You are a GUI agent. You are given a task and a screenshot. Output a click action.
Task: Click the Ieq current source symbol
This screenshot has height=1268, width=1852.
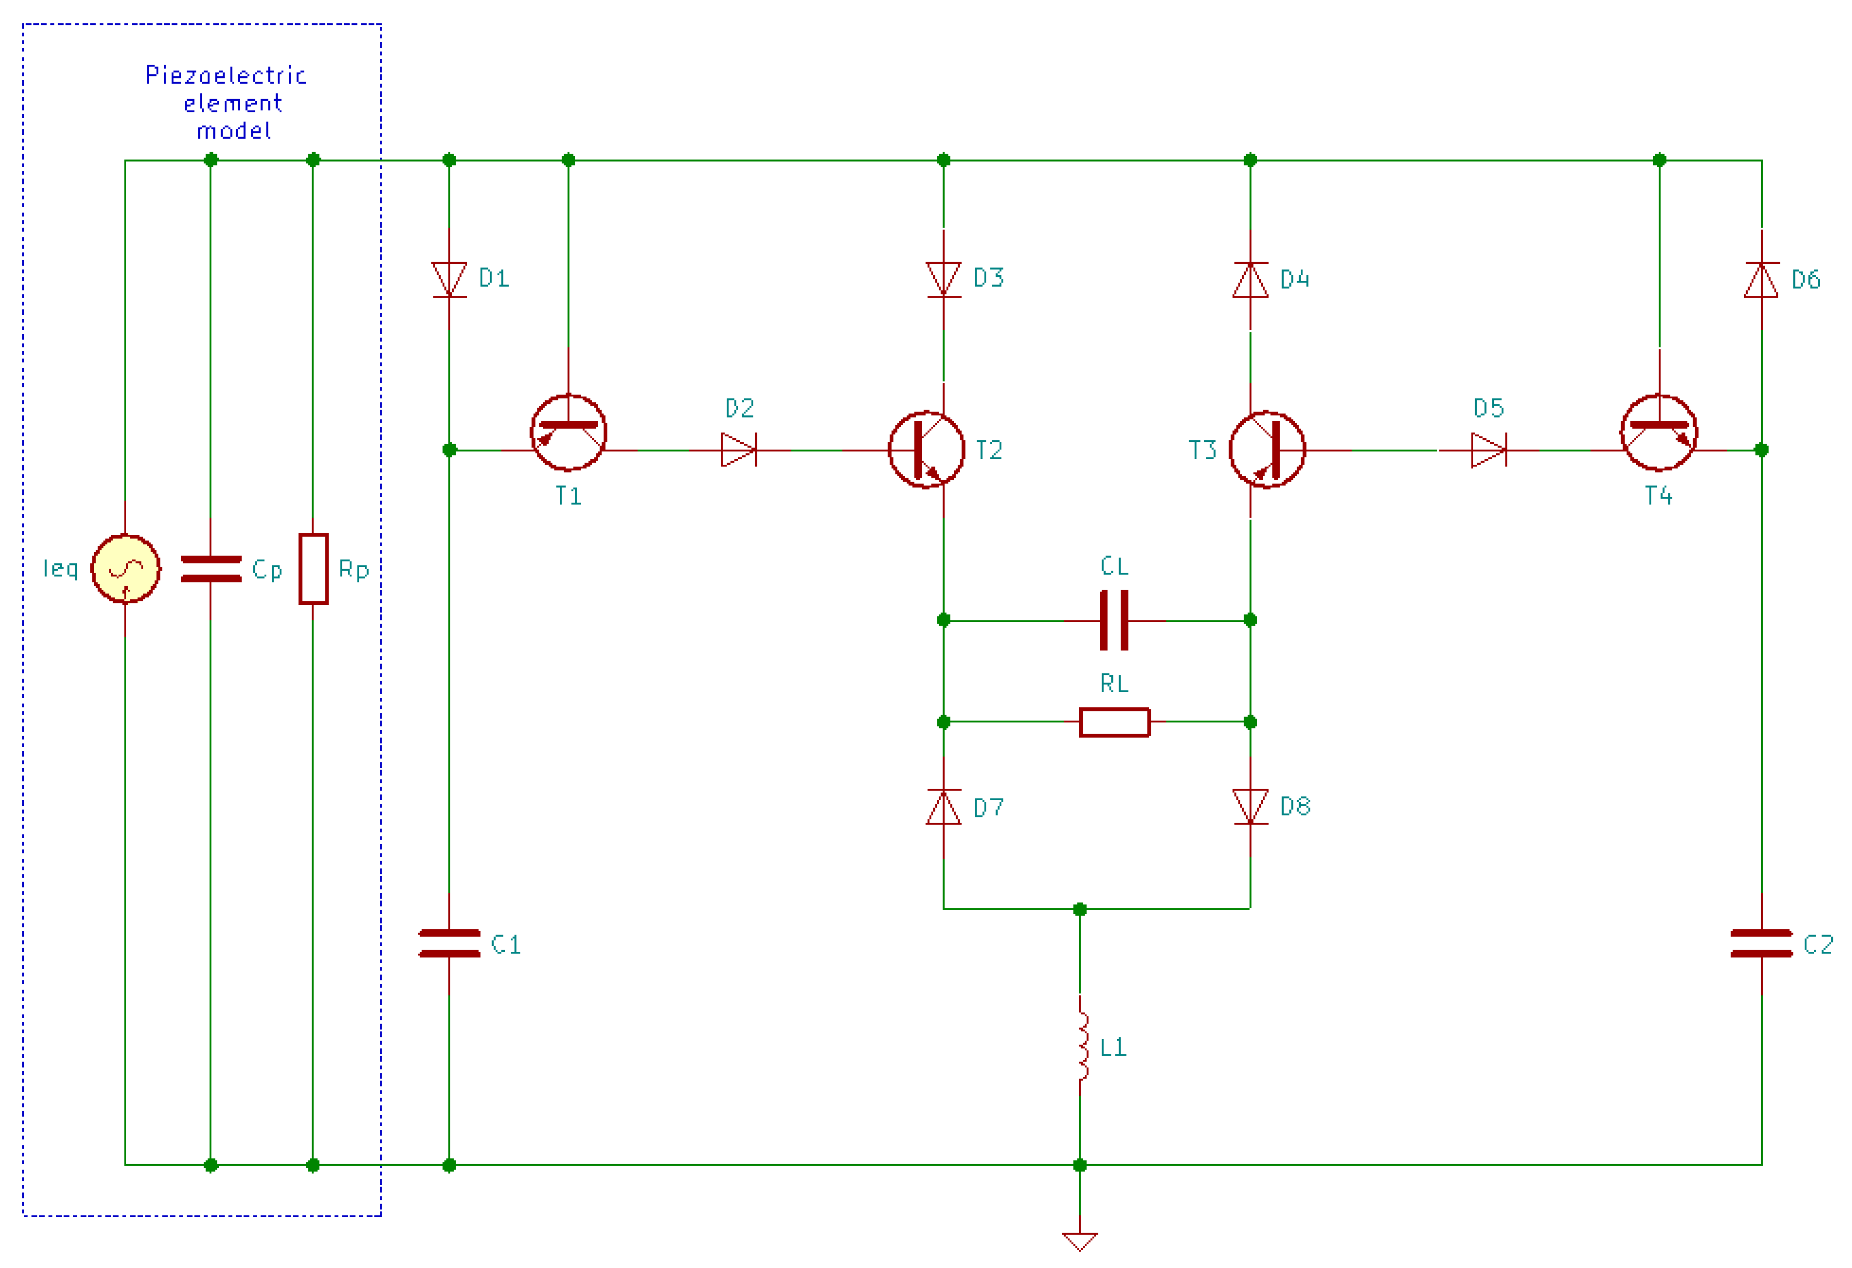(x=125, y=568)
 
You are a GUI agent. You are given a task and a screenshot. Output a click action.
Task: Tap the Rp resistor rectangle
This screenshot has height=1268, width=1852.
(x=313, y=568)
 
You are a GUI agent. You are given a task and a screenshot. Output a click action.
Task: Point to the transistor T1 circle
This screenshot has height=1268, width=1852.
(x=568, y=433)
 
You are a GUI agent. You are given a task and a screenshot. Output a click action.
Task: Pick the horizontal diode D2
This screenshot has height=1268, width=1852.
(x=739, y=450)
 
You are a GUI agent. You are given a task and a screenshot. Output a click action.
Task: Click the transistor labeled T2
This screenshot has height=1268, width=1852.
(x=926, y=450)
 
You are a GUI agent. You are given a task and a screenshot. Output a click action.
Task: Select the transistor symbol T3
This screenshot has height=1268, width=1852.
(x=1267, y=450)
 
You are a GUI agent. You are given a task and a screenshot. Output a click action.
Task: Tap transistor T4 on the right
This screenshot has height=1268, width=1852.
(x=1659, y=433)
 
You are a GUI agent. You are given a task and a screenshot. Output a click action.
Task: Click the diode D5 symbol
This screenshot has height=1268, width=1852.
(x=1489, y=450)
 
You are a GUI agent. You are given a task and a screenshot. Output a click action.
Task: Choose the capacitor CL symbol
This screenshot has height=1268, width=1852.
(x=1114, y=620)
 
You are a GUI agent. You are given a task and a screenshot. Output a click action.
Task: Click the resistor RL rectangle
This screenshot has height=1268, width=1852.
(x=1114, y=722)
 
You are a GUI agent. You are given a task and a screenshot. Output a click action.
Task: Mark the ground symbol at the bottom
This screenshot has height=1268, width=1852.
(x=1080, y=1241)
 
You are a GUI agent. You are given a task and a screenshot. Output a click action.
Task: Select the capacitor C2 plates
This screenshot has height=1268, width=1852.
(x=1761, y=943)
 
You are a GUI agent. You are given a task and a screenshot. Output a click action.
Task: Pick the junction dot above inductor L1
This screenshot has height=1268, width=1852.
(x=1080, y=909)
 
